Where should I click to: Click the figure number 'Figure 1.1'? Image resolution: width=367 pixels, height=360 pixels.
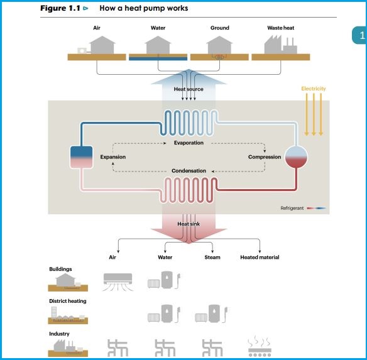click(x=60, y=9)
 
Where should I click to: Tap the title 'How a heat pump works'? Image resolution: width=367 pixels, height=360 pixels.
click(x=144, y=9)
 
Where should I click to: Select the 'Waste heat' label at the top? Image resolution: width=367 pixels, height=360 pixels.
click(x=280, y=28)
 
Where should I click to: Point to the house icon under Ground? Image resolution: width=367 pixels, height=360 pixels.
click(x=219, y=45)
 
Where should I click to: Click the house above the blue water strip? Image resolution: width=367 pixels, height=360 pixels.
click(x=158, y=45)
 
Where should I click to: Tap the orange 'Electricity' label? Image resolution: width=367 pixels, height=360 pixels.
click(x=313, y=89)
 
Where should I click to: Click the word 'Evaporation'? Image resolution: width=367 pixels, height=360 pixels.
click(x=189, y=143)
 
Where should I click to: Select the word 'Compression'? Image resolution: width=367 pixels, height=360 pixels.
click(x=265, y=157)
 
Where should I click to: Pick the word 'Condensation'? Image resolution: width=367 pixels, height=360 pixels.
click(x=189, y=171)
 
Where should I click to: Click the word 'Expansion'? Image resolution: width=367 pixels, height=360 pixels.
click(x=113, y=157)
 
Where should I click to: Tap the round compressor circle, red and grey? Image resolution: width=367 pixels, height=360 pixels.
click(x=296, y=157)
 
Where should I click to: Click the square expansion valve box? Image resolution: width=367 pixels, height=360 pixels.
click(x=81, y=157)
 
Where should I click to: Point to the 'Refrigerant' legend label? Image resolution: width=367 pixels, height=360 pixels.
click(x=292, y=208)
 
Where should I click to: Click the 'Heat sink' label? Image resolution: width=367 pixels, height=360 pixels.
click(x=189, y=224)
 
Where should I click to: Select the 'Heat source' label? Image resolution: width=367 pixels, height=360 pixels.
click(x=189, y=90)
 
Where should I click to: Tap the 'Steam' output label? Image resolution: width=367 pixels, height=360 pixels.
click(x=212, y=258)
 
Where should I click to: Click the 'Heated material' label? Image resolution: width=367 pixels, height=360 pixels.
click(x=260, y=258)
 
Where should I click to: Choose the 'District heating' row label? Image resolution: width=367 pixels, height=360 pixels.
click(x=68, y=301)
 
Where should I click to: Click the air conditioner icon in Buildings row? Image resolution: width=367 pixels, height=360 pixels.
click(x=118, y=280)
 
